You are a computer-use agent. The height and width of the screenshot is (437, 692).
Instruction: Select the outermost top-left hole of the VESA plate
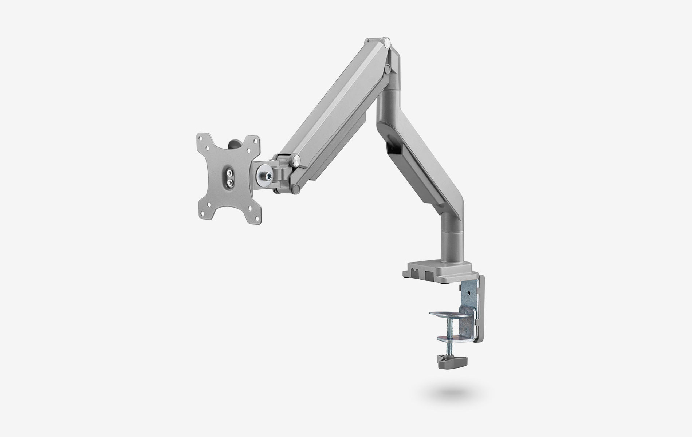(x=200, y=138)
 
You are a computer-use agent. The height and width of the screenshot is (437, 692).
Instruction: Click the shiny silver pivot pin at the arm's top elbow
(x=387, y=42)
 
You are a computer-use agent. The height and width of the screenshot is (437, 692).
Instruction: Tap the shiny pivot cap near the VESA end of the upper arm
(x=296, y=158)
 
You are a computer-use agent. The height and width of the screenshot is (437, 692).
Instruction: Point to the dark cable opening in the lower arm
(x=394, y=149)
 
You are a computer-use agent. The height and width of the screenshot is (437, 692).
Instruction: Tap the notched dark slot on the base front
(x=415, y=273)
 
